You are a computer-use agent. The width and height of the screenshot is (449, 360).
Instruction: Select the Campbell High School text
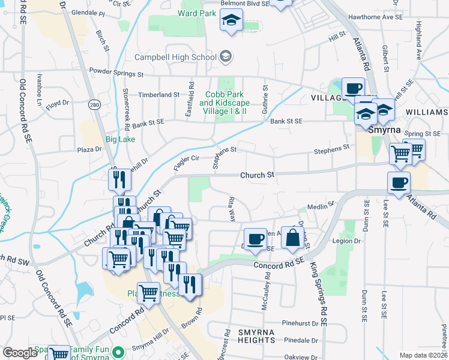[175, 58]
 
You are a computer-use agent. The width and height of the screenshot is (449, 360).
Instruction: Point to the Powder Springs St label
[116, 75]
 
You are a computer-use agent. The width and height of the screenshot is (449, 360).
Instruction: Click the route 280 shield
[94, 104]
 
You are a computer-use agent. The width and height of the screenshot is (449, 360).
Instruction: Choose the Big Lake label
[121, 139]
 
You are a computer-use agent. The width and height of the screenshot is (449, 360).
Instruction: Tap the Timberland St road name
[159, 95]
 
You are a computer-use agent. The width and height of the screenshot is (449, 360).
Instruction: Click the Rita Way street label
[232, 208]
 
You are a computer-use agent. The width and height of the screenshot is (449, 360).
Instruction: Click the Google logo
[20, 353]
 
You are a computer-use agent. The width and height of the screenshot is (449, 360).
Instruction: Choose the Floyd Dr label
[58, 103]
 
